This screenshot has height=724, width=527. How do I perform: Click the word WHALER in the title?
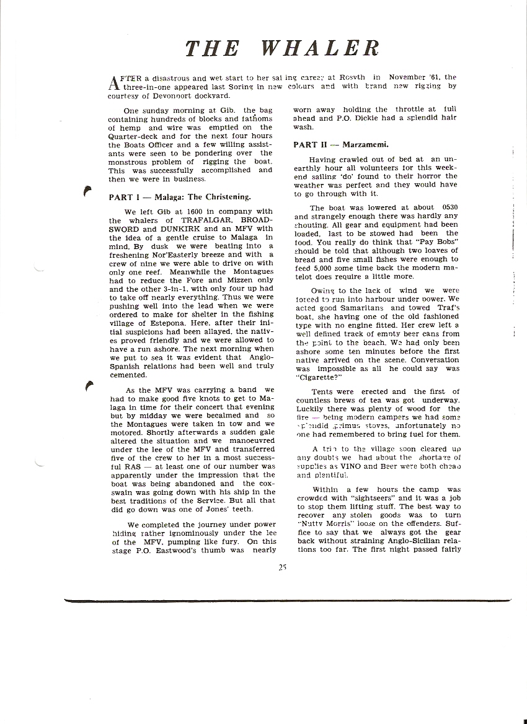point(320,48)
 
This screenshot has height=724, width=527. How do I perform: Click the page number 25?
point(282,565)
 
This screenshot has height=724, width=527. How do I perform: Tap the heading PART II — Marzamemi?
point(340,145)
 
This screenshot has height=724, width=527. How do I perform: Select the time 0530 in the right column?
point(446,208)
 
